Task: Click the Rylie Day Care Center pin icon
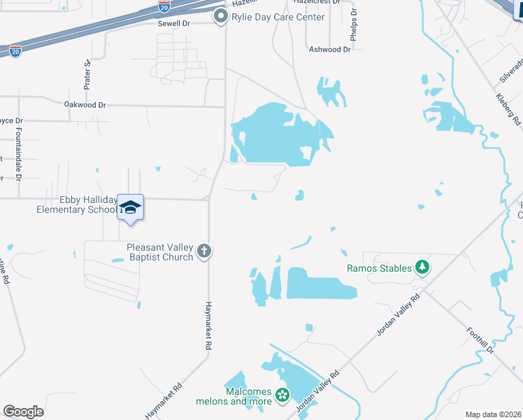tap(222, 16)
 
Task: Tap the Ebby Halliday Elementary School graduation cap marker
tap(130, 207)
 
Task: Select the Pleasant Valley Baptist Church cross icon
tap(203, 251)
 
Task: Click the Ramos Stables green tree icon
tap(422, 267)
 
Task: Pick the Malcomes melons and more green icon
tap(282, 396)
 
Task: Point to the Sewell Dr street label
tap(174, 23)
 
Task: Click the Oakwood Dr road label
tap(85, 104)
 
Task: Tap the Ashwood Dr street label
tap(330, 50)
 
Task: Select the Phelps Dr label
tap(354, 24)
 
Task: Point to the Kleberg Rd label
tap(508, 109)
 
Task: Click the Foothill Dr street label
tap(480, 339)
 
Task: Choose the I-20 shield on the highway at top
tap(164, 7)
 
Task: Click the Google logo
tap(23, 412)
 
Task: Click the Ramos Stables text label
tap(378, 267)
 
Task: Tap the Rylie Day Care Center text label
tap(268, 17)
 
